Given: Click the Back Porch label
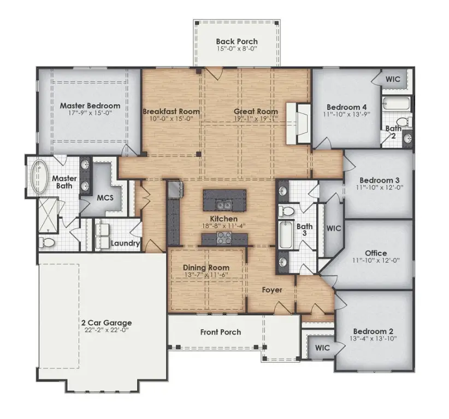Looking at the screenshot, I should (237, 41).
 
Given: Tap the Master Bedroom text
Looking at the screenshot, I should (90, 105).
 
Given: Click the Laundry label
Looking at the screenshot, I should (126, 243).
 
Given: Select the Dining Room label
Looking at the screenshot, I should (206, 267).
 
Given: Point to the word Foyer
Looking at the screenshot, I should (271, 290).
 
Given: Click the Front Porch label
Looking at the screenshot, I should (220, 332).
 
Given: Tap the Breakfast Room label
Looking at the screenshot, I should (171, 111).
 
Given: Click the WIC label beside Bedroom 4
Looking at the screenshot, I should (393, 79).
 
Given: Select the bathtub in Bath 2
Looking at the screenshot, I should (393, 103).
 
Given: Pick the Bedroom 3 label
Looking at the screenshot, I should (376, 181).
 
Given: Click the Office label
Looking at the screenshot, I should (376, 253).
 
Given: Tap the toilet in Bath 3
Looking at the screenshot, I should (286, 211).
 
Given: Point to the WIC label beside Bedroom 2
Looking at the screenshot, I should (323, 347).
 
